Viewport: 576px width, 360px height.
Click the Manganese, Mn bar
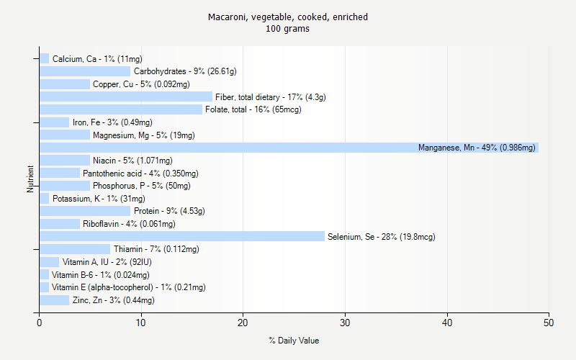coord(288,148)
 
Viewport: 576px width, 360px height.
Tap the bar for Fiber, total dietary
coord(126,96)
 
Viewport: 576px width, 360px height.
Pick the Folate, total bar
coord(121,109)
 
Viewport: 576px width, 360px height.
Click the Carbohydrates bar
coord(85,71)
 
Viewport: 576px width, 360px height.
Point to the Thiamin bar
coord(75,249)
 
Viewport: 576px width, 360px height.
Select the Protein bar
coord(85,211)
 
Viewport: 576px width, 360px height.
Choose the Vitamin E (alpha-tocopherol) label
coord(128,287)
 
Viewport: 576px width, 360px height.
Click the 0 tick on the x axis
coord(40,323)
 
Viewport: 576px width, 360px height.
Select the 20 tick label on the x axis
coord(243,323)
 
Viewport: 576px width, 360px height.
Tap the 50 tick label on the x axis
coord(549,323)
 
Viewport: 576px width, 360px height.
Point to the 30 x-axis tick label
coord(346,323)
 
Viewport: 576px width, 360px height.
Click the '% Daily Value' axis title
coord(294,341)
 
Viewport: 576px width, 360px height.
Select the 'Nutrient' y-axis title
coord(31,179)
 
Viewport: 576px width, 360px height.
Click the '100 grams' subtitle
coord(288,29)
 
